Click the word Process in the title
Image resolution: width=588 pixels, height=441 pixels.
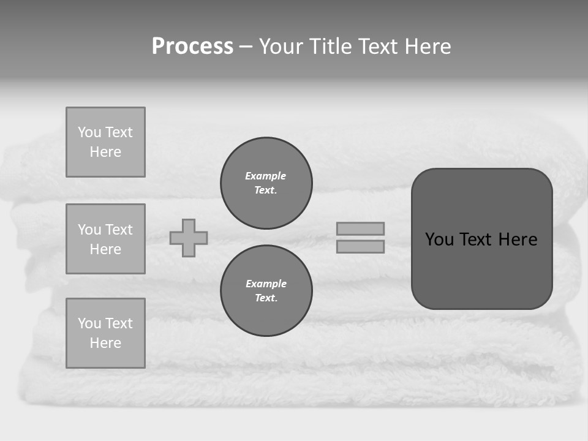click(192, 47)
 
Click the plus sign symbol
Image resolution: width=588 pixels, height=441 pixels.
click(189, 238)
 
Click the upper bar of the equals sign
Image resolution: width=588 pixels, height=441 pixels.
click(361, 228)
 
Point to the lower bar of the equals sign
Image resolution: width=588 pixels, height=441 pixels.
click(361, 246)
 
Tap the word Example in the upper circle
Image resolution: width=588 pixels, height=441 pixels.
click(266, 176)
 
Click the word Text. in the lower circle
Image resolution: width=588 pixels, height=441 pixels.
click(266, 298)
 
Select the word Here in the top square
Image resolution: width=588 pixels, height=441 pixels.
click(105, 152)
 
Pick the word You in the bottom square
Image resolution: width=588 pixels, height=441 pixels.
click(89, 323)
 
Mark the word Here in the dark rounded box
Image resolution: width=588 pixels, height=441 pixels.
click(518, 239)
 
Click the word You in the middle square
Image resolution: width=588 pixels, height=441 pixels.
click(89, 230)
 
